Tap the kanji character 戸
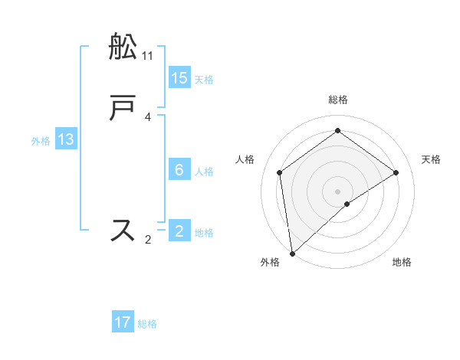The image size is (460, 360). [x=123, y=109]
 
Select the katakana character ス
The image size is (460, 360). [x=123, y=231]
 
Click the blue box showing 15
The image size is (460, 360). [x=179, y=77]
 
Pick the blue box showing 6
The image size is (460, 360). [x=179, y=169]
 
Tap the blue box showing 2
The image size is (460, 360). [x=179, y=231]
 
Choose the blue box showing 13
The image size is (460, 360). [x=66, y=139]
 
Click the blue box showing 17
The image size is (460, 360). [x=123, y=322]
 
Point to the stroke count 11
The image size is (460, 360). [x=148, y=56]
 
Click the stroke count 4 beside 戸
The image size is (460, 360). [x=148, y=117]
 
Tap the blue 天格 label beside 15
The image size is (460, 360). [x=204, y=79]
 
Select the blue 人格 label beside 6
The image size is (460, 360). [x=204, y=171]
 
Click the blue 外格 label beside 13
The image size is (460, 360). [x=41, y=141]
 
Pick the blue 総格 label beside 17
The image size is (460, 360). [x=147, y=324]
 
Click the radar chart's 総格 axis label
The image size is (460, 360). [x=338, y=100]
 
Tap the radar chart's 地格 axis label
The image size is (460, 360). [x=402, y=262]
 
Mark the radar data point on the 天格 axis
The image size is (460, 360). [x=396, y=172]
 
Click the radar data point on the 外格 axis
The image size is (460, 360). [x=291, y=253]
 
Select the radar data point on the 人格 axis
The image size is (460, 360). [x=280, y=172]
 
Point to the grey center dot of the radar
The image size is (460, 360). [x=338, y=191]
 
